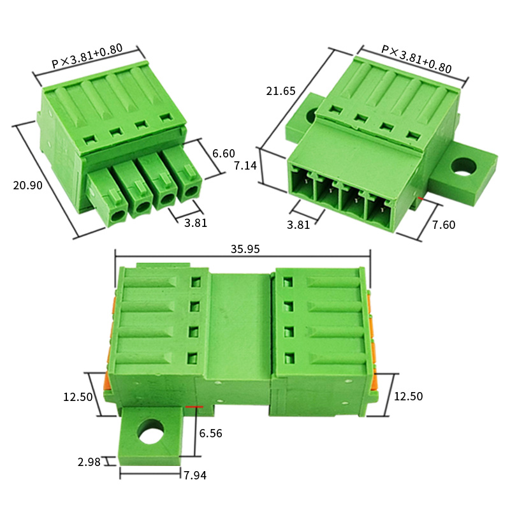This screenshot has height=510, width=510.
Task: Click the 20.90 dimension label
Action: [x=27, y=186]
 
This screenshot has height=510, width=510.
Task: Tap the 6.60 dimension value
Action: [x=224, y=153]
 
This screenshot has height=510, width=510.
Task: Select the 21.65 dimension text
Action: [x=280, y=91]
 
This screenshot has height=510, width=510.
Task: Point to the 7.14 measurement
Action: [x=245, y=166]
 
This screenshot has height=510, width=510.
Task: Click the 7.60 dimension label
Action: [x=444, y=225]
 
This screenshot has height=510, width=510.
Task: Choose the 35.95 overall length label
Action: [x=245, y=249]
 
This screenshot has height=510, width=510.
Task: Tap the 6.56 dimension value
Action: [x=210, y=433]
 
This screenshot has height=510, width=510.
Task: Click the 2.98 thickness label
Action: [x=89, y=462]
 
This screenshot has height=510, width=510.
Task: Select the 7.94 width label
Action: [x=195, y=476]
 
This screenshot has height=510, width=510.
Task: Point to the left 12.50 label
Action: [x=78, y=397]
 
